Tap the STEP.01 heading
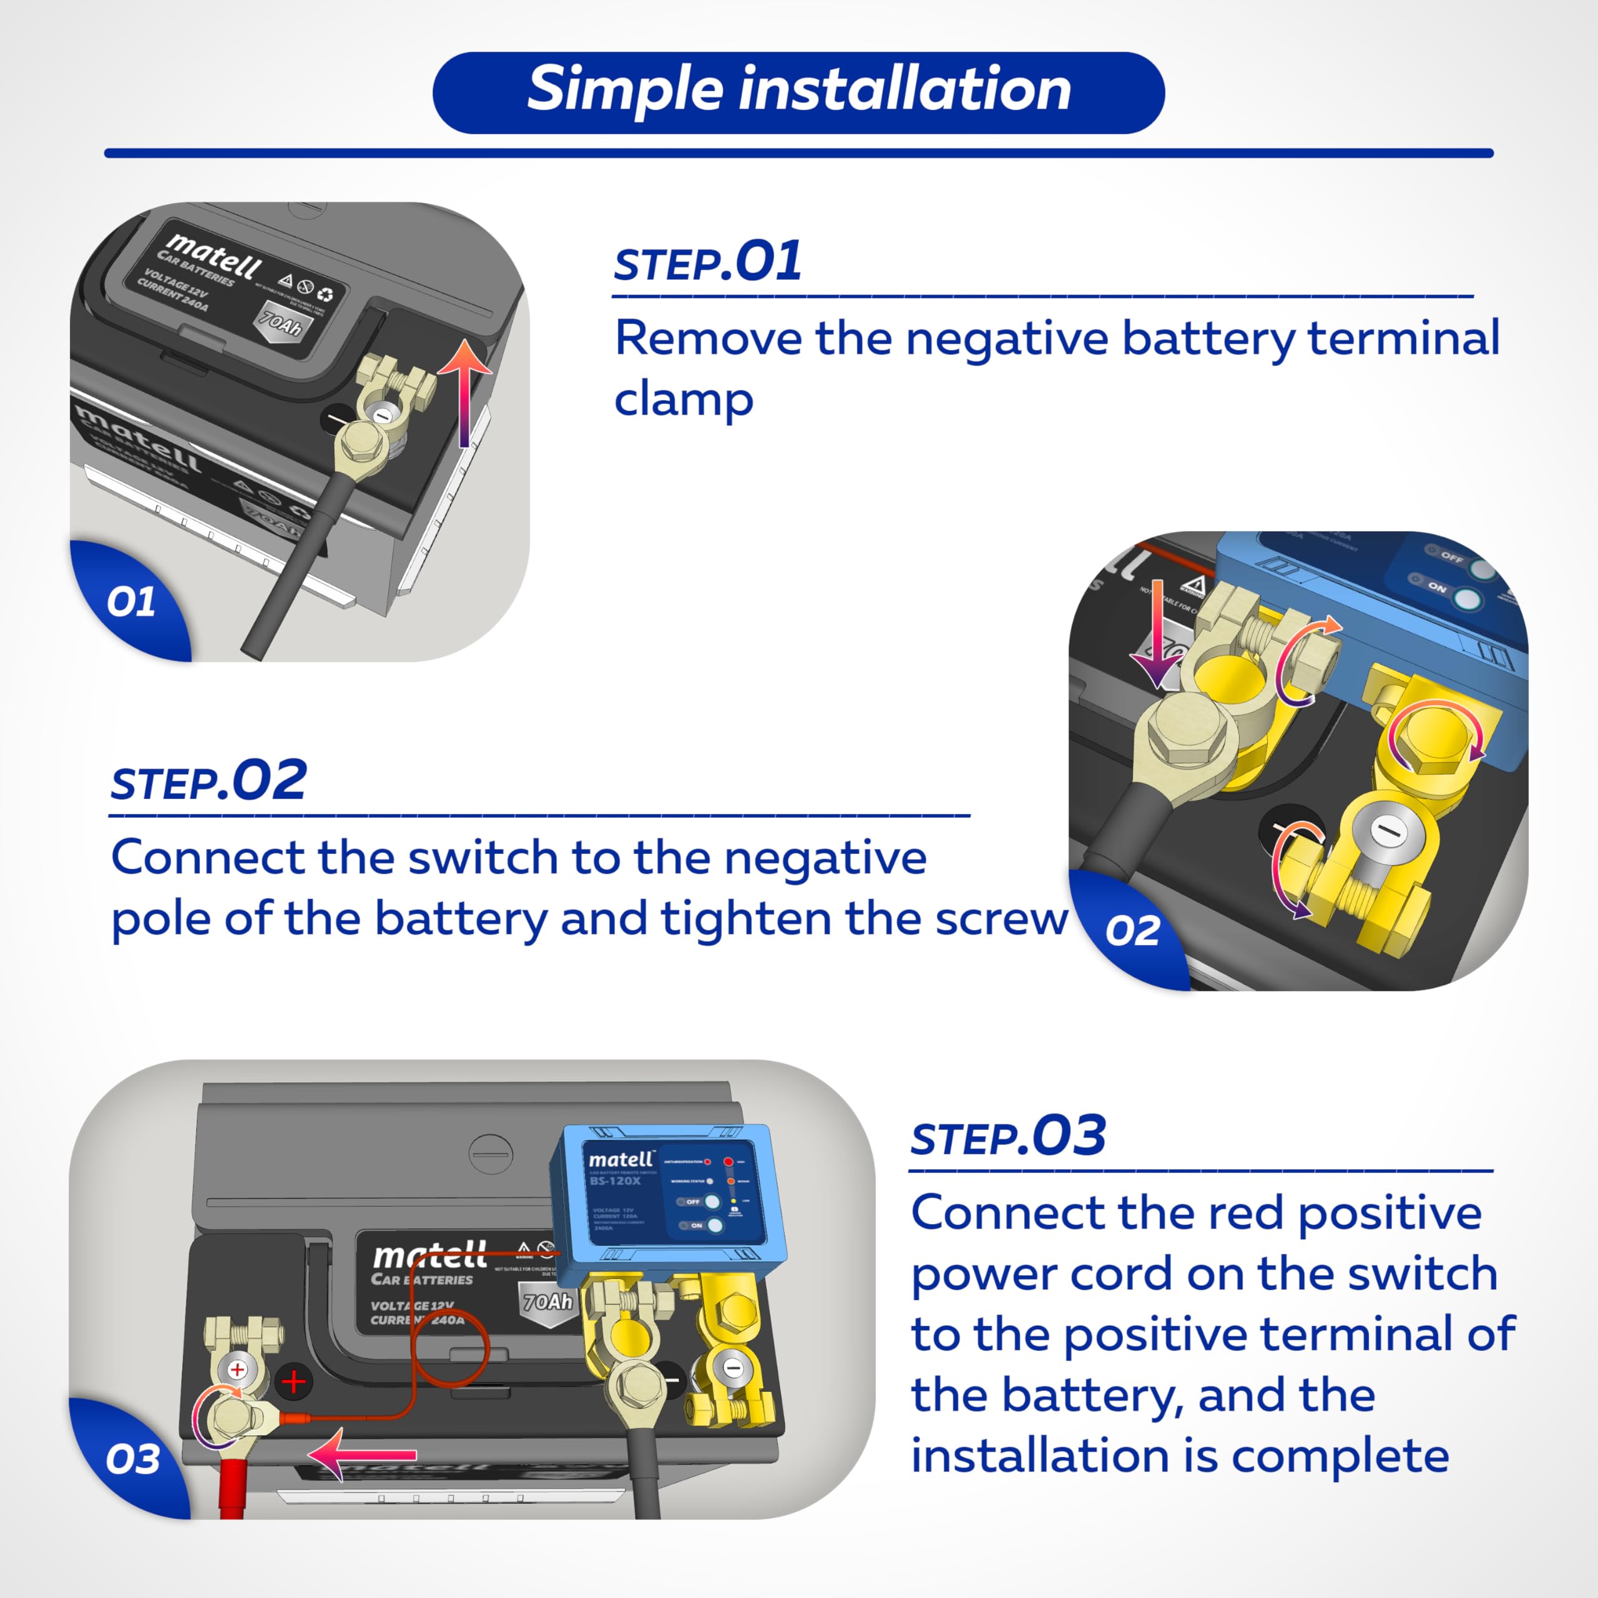click(x=707, y=262)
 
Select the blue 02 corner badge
click(x=1132, y=931)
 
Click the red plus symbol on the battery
click(x=293, y=1381)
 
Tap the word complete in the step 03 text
click(x=1340, y=1456)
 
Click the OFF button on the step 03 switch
click(x=710, y=1201)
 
